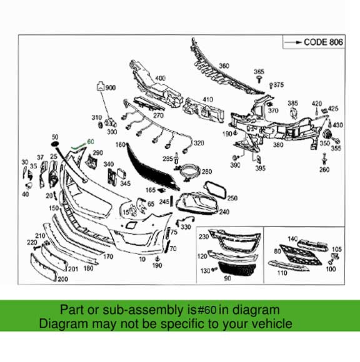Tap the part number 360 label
click(224, 66)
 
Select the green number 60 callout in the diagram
click(90, 142)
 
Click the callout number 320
click(199, 143)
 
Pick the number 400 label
click(161, 78)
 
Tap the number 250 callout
click(232, 198)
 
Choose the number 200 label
click(62, 279)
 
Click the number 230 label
click(203, 237)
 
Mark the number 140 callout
click(293, 238)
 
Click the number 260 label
click(324, 170)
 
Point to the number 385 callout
click(292, 102)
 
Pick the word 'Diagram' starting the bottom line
click(61, 323)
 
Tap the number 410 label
click(207, 99)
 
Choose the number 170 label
click(107, 257)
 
